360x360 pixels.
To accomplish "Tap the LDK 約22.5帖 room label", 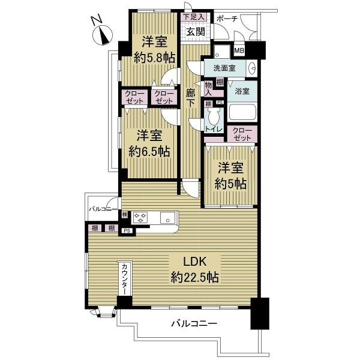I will coord(194,269).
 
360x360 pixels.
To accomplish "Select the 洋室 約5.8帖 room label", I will coord(154,50).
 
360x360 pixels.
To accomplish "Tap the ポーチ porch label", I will coord(227,19).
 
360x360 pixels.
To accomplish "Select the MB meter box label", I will coord(239,51).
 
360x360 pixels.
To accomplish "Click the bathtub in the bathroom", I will coord(242,113).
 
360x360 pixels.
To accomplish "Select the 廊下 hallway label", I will coord(191,98).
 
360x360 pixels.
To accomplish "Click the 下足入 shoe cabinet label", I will coord(194,17).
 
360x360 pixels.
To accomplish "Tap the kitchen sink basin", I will coord(167,218).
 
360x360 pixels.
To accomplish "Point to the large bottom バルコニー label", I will coord(194,324).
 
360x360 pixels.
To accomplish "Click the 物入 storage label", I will coord(209,89).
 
